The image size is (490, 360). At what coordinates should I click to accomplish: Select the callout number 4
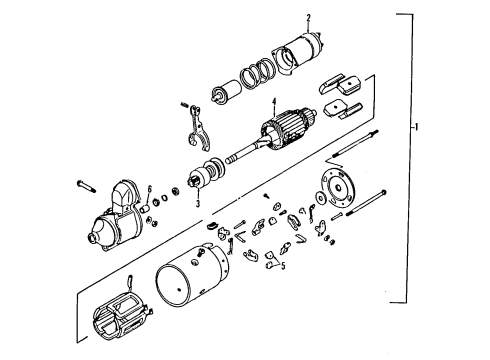point(272,100)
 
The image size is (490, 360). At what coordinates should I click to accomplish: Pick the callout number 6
point(150,188)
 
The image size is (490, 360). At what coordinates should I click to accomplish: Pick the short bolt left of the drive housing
point(84,184)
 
